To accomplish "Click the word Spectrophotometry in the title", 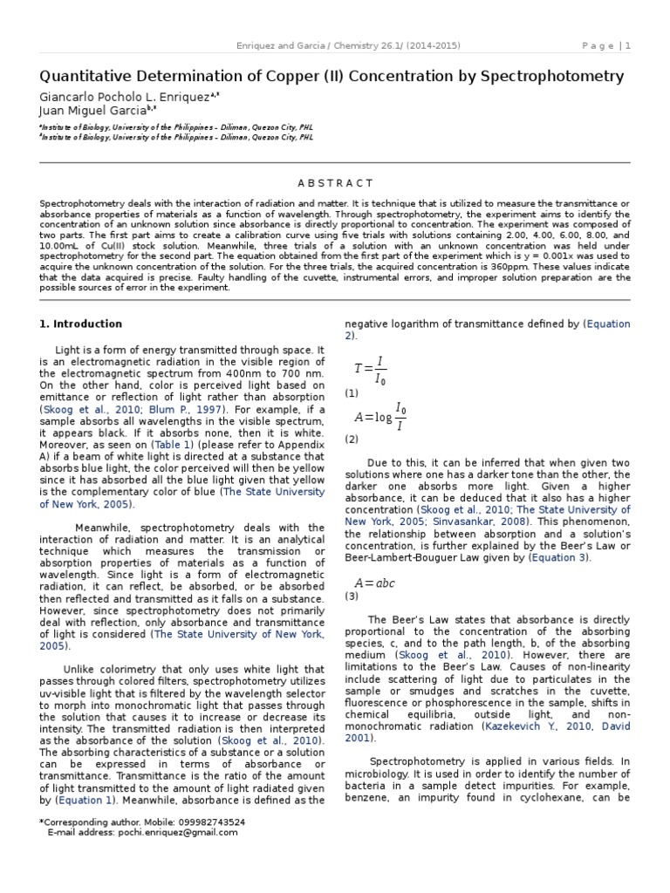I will (x=557, y=77).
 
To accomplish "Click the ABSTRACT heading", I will (x=335, y=183).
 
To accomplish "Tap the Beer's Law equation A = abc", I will (x=374, y=583).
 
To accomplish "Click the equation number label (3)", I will (x=352, y=596).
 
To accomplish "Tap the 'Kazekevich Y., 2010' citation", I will (x=533, y=726).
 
